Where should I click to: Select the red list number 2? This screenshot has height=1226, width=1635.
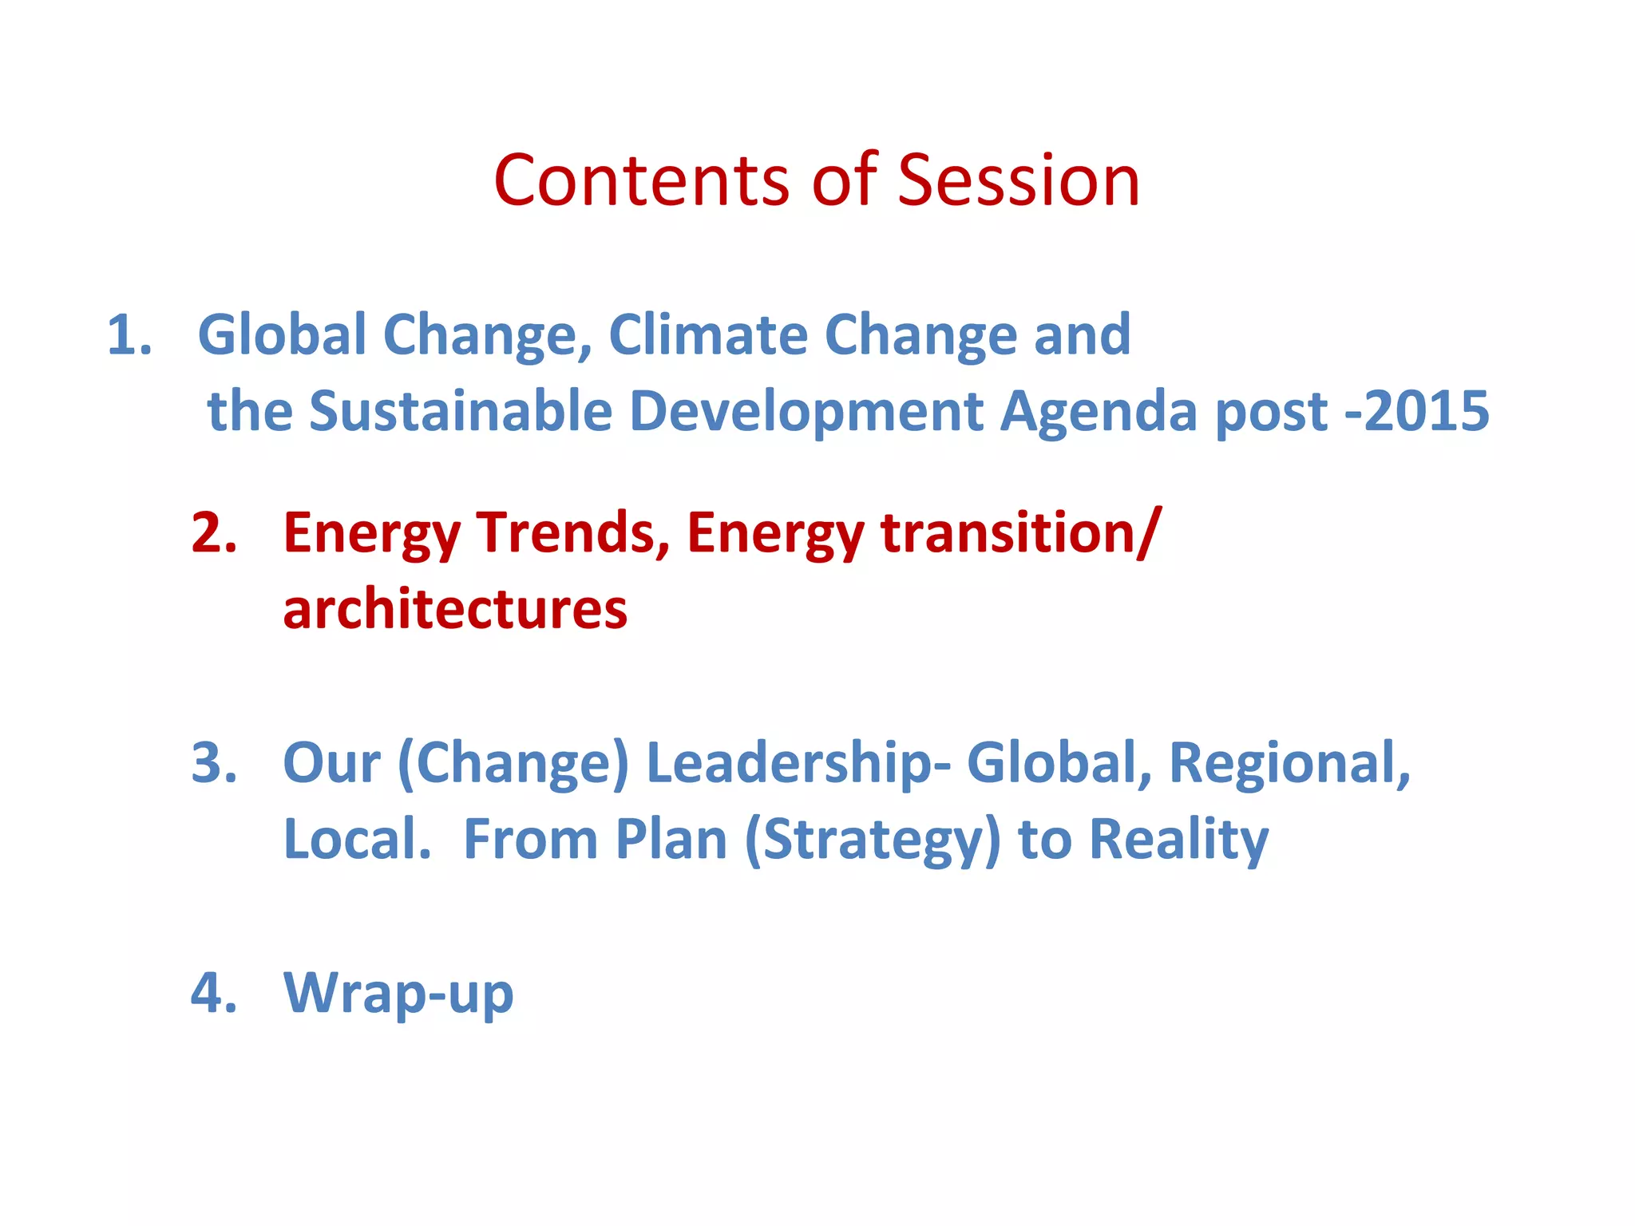(x=214, y=532)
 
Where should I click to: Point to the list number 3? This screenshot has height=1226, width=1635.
(x=214, y=763)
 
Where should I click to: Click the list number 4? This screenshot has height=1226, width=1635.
(x=214, y=993)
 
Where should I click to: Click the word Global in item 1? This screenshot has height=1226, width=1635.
(x=282, y=334)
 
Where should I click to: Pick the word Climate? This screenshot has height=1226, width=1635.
(x=708, y=334)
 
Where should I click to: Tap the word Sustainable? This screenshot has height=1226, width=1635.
(x=461, y=412)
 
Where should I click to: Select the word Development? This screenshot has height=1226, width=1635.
(x=806, y=412)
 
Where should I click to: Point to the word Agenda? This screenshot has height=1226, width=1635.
(x=1099, y=412)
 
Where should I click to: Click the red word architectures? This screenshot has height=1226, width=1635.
(x=455, y=610)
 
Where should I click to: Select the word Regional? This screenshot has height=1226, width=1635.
(x=1289, y=763)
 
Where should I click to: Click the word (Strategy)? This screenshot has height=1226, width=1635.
(x=873, y=840)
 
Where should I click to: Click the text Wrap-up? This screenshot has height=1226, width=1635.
(x=398, y=995)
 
